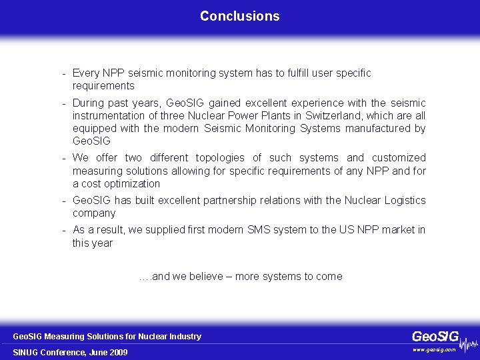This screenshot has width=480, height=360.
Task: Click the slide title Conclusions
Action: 239,16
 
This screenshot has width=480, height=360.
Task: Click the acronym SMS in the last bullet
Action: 255,230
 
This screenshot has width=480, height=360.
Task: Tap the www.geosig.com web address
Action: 434,349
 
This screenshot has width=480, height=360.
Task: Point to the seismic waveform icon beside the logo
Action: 469,344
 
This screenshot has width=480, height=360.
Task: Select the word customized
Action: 399,158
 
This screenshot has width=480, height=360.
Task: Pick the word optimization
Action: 133,184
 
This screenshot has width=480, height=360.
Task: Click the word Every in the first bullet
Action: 85,73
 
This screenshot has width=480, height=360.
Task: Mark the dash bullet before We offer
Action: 63,158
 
